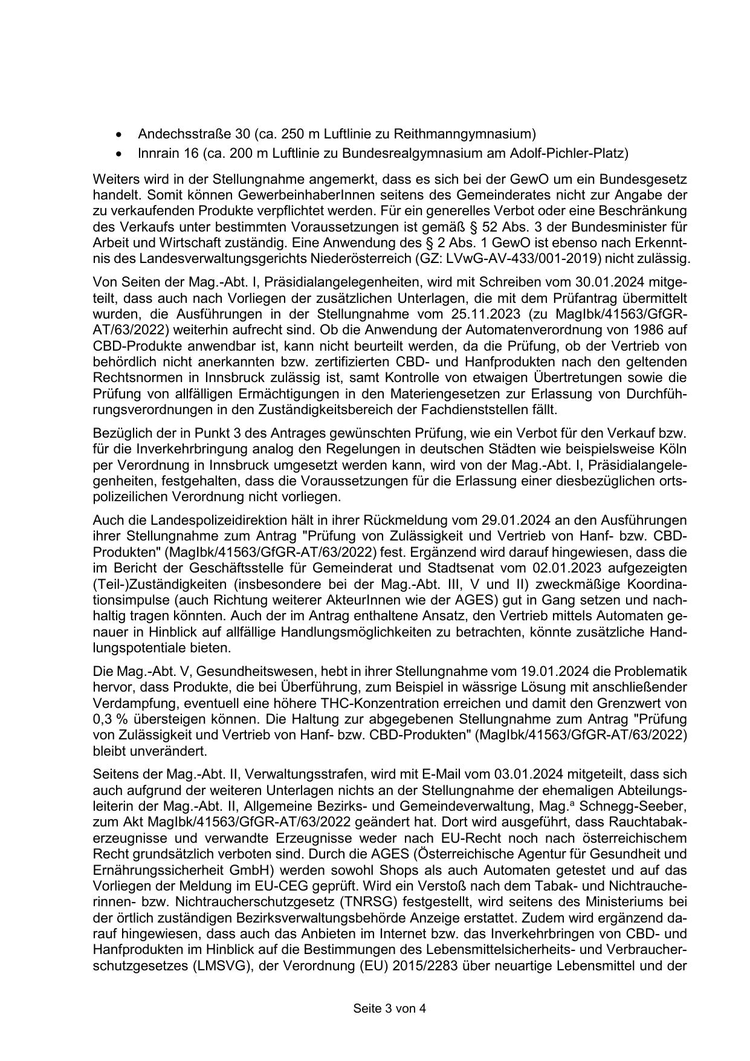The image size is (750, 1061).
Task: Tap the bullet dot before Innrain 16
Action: click(x=124, y=154)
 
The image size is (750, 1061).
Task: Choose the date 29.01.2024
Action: click(x=517, y=521)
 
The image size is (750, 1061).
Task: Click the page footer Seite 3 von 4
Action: click(x=390, y=1008)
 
